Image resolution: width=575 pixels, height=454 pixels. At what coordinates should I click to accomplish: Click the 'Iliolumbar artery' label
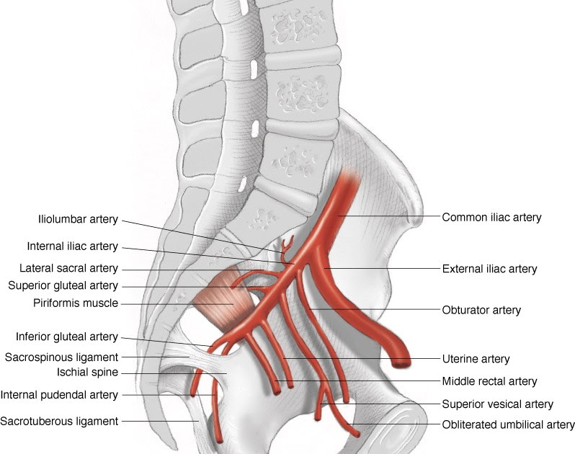click(x=78, y=219)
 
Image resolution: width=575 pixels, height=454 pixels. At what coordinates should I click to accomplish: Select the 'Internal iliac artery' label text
click(x=72, y=246)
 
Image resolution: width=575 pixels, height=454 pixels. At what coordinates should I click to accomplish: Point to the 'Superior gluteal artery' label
click(x=63, y=286)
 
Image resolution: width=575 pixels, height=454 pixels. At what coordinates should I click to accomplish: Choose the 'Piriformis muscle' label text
click(x=76, y=303)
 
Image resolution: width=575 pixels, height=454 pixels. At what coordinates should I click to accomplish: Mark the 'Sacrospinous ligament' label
click(x=61, y=357)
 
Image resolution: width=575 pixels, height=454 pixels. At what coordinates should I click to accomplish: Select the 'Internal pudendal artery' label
click(x=59, y=395)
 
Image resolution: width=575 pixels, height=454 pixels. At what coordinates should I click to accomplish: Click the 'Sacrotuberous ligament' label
click(x=60, y=421)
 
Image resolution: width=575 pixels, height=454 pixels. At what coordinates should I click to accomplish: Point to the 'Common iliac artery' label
click(x=491, y=216)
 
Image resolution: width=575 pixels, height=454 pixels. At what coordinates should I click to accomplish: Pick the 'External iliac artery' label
click(x=489, y=269)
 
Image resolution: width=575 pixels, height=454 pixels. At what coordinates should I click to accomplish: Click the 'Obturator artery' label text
click(x=481, y=311)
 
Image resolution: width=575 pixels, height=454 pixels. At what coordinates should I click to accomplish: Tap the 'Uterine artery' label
click(x=476, y=359)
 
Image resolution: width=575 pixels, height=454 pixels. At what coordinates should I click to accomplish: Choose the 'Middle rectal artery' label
click(x=489, y=380)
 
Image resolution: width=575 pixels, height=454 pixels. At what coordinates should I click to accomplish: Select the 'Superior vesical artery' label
click(x=497, y=404)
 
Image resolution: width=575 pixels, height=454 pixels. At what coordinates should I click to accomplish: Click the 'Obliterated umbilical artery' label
click(x=508, y=424)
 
